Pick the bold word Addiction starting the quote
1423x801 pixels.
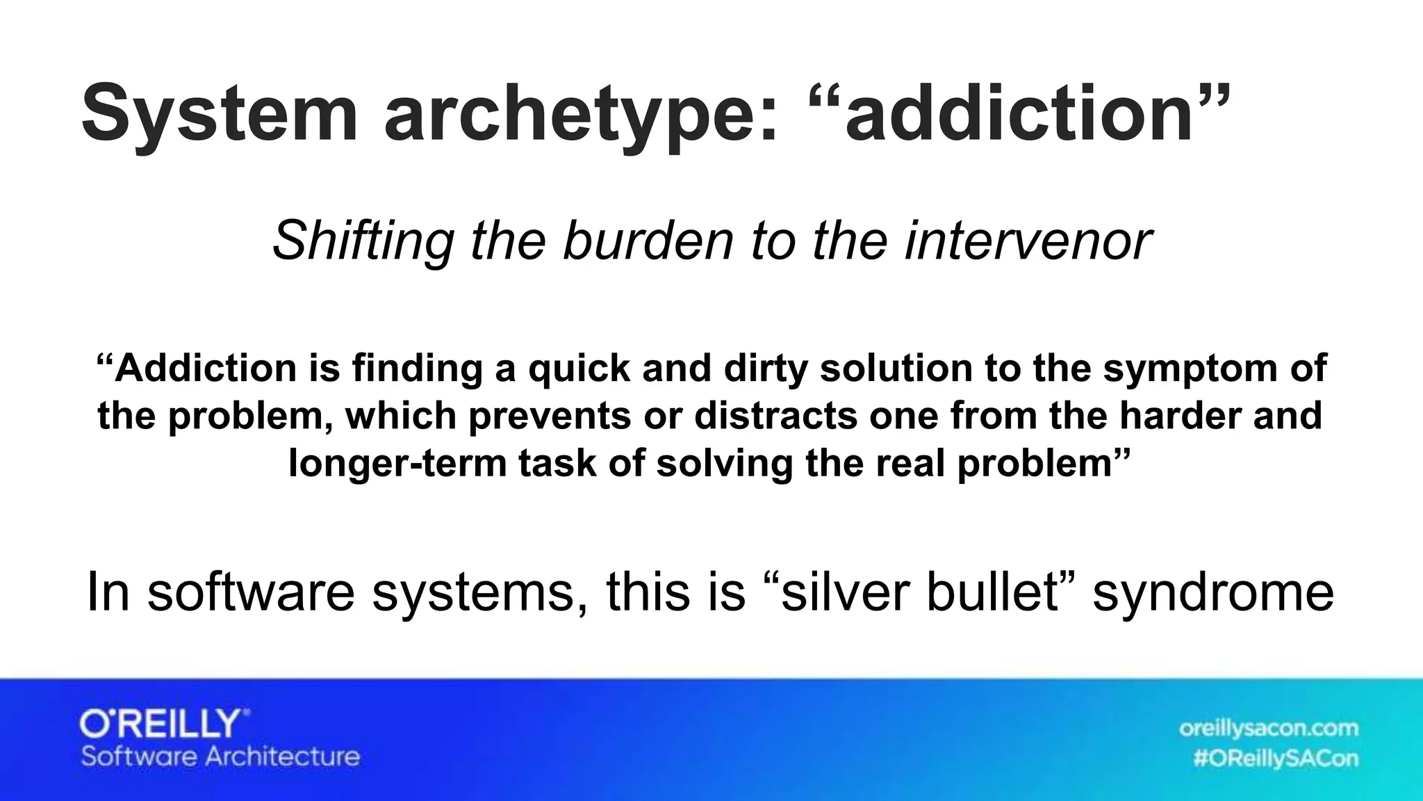(x=206, y=368)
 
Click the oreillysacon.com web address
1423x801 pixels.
(x=1268, y=728)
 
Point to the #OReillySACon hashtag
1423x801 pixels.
(x=1275, y=759)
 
